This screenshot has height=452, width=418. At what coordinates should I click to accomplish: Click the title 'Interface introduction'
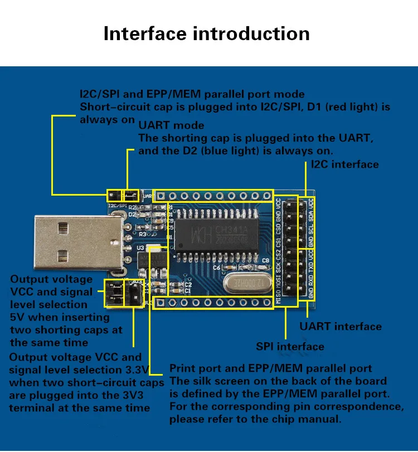click(206, 33)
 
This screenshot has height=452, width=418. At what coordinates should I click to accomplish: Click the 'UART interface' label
click(341, 327)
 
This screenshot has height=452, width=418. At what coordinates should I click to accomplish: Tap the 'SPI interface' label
click(290, 347)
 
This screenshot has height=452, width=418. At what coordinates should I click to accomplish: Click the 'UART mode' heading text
click(171, 125)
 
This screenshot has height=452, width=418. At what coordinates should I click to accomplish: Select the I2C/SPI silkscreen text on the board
click(118, 206)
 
